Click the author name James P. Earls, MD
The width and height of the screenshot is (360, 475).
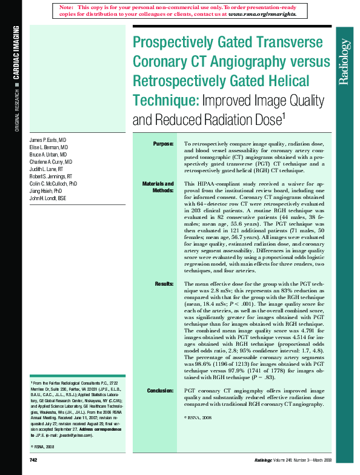coord(50,140)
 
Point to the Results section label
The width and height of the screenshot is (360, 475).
coord(164,284)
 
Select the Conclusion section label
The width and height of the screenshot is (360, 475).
coord(160,391)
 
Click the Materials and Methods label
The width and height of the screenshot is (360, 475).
coord(158,187)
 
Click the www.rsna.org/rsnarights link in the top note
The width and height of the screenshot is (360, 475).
coord(262,13)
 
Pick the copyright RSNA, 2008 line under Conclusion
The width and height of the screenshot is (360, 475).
coord(198,419)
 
